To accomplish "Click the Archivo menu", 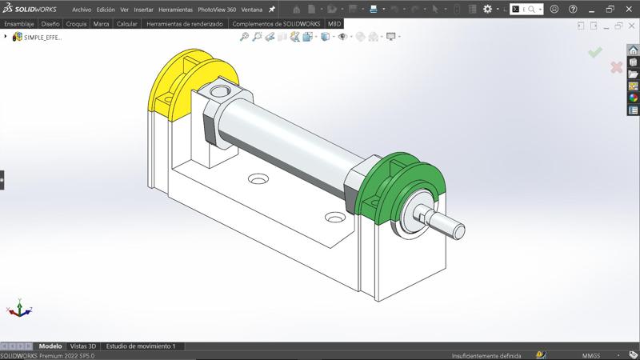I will pyautogui.click(x=82, y=10).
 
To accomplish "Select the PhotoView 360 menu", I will pyautogui.click(x=217, y=10).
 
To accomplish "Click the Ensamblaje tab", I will pyautogui.click(x=19, y=24).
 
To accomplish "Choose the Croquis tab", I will pyautogui.click(x=77, y=24).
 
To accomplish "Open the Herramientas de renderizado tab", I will pyautogui.click(x=186, y=24).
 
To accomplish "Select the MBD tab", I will pyautogui.click(x=334, y=24).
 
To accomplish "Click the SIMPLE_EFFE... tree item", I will pyautogui.click(x=42, y=37).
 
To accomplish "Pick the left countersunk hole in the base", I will pyautogui.click(x=258, y=179).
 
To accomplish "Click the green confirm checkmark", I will pyautogui.click(x=594, y=52).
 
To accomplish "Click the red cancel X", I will pyautogui.click(x=616, y=67).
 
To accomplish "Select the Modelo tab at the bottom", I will pyautogui.click(x=50, y=346).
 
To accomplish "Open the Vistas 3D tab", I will pyautogui.click(x=83, y=346).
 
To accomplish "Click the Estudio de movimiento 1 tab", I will pyautogui.click(x=141, y=346).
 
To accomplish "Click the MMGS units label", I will pyautogui.click(x=591, y=355).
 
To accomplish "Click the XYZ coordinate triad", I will pyautogui.click(x=19, y=310).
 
